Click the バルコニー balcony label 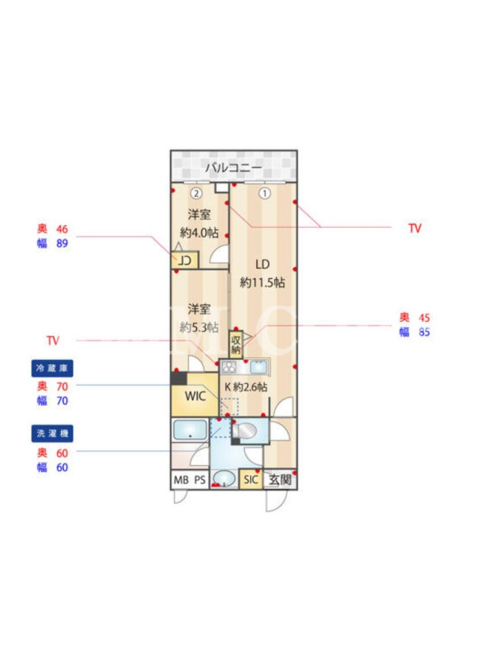pyautogui.click(x=234, y=168)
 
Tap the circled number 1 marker pyautogui.click(x=264, y=194)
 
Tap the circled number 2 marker pyautogui.click(x=196, y=194)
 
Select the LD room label pyautogui.click(x=263, y=264)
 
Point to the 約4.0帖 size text pyautogui.click(x=199, y=233)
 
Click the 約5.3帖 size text pyautogui.click(x=199, y=327)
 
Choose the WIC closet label pyautogui.click(x=195, y=396)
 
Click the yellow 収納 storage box pyautogui.click(x=236, y=344)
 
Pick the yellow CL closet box pyautogui.click(x=185, y=261)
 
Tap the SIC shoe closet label pyautogui.click(x=251, y=480)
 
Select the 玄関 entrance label pyautogui.click(x=280, y=480)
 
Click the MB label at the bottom pyautogui.click(x=181, y=480)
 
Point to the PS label pyautogui.click(x=200, y=480)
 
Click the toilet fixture pyautogui.click(x=244, y=431)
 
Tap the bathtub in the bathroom pyautogui.click(x=190, y=429)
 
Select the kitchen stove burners pyautogui.click(x=229, y=367)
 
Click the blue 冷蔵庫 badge pyautogui.click(x=52, y=368)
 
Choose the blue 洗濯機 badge pyautogui.click(x=52, y=433)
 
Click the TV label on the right pyautogui.click(x=415, y=228)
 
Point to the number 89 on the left pyautogui.click(x=62, y=243)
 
